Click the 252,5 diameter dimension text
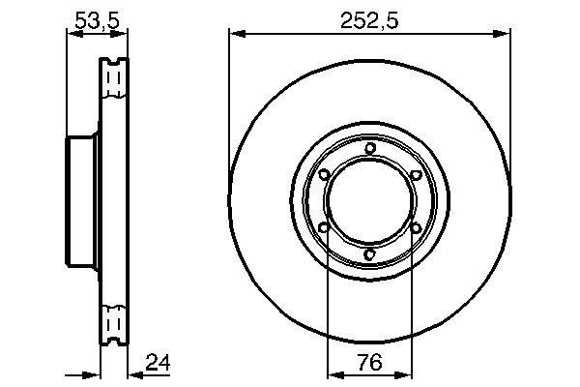(369, 19)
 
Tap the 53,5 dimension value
(97, 19)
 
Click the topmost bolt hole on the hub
(370, 147)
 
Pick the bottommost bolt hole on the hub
(370, 255)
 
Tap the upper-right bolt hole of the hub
(416, 174)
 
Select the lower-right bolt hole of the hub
(416, 228)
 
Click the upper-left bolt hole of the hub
(324, 174)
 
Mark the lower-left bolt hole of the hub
(324, 228)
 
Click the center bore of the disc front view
(369, 201)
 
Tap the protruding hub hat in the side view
(81, 201)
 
